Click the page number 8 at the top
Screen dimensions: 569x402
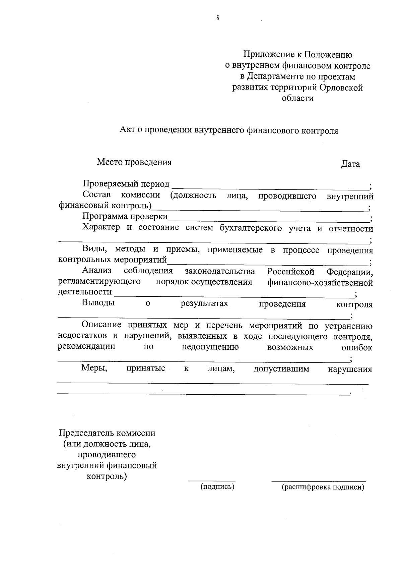218,18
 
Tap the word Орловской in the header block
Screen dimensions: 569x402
341,88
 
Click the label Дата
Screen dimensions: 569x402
350,164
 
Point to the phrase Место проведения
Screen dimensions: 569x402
134,162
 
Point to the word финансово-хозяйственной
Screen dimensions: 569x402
320,283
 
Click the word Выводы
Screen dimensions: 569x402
98,303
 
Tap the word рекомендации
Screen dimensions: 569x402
86,347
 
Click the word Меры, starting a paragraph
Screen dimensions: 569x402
94,369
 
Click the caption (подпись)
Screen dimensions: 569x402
217,487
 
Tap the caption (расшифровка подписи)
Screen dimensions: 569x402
323,487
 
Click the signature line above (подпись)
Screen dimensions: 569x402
211,480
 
